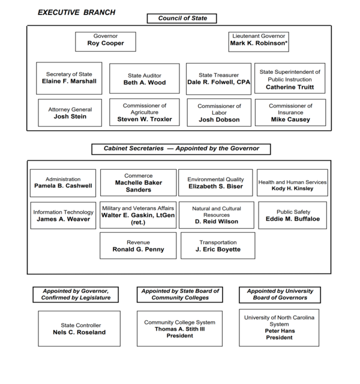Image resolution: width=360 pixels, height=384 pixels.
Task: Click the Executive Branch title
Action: pyautogui.click(x=77, y=12)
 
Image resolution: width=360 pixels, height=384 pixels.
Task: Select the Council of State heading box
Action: pyautogui.click(x=182, y=19)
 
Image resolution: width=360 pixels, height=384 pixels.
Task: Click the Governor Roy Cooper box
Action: pyautogui.click(x=106, y=41)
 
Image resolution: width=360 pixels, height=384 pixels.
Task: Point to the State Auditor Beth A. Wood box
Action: pyautogui.click(x=144, y=79)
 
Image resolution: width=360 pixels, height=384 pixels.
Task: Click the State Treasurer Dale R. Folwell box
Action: pyautogui.click(x=218, y=79)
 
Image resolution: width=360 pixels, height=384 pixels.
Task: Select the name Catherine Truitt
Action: pyautogui.click(x=290, y=87)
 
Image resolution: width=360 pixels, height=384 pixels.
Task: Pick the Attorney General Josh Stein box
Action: pyautogui.click(x=70, y=113)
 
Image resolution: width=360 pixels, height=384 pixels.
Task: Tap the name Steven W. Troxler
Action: pyautogui.click(x=144, y=119)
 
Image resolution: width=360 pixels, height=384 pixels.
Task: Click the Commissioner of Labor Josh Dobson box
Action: pyautogui.click(x=218, y=113)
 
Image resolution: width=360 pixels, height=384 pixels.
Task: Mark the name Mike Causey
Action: pyautogui.click(x=290, y=119)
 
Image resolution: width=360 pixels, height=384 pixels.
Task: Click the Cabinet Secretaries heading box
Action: pyautogui.click(x=180, y=149)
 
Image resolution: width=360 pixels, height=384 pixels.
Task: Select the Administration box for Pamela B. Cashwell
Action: pyautogui.click(x=63, y=182)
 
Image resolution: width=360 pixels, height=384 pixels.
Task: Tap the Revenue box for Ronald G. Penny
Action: pyautogui.click(x=138, y=245)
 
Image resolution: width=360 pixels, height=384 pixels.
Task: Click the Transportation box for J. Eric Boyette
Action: pyautogui.click(x=218, y=245)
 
